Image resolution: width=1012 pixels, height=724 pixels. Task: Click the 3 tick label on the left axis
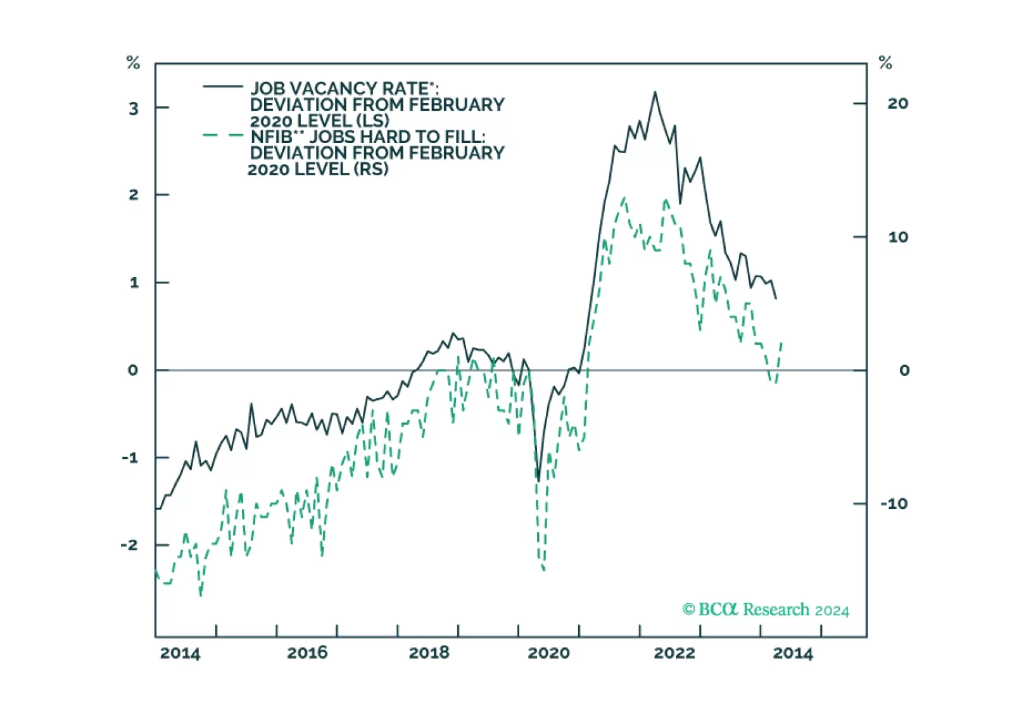click(x=133, y=109)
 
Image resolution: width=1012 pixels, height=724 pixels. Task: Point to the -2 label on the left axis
click(x=129, y=545)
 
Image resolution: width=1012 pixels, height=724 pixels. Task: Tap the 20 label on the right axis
click(x=897, y=103)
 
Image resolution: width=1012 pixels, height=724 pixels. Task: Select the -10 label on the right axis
click(x=894, y=504)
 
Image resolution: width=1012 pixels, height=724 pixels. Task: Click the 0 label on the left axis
click(x=132, y=370)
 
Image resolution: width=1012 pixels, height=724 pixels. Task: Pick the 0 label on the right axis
click(x=904, y=370)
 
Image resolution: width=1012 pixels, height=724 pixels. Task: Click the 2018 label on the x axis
click(x=429, y=652)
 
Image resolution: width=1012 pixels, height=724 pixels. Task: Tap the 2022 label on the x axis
click(x=674, y=652)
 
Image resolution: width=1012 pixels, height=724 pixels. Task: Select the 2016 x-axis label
click(x=307, y=652)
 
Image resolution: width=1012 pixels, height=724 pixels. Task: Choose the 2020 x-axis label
click(x=548, y=652)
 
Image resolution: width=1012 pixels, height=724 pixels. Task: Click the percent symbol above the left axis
click(x=133, y=63)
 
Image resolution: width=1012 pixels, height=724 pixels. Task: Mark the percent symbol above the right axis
click(x=885, y=63)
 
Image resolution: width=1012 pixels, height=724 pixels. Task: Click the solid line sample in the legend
click(x=222, y=86)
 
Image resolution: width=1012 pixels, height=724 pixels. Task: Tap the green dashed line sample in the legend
click(x=222, y=135)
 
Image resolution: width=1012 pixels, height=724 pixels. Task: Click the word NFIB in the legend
click(x=270, y=137)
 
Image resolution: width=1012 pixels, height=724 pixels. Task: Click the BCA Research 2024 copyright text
click(x=765, y=609)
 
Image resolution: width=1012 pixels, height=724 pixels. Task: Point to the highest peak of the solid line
click(x=655, y=92)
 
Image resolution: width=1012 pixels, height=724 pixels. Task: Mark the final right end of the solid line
click(x=776, y=298)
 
